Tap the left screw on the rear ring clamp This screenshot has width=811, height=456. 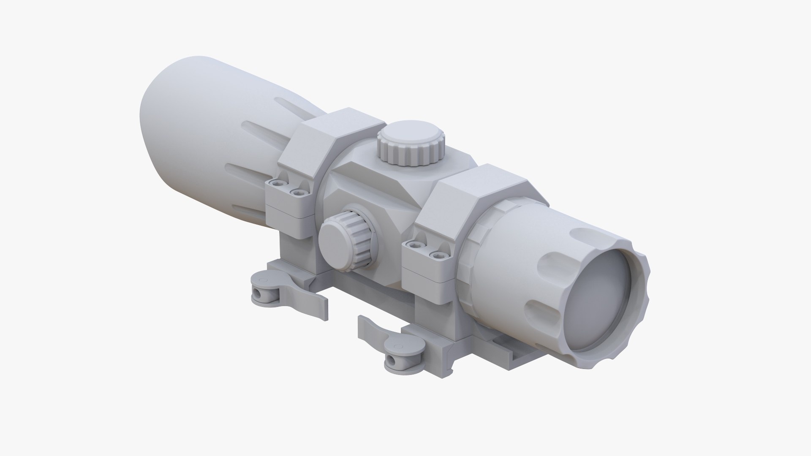pyautogui.click(x=277, y=184)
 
